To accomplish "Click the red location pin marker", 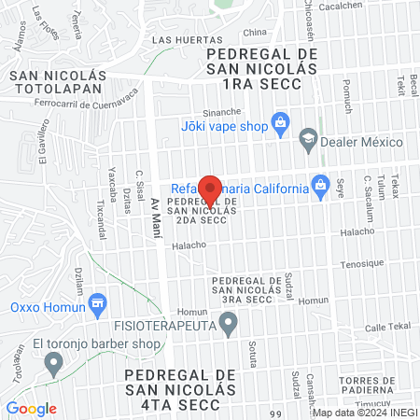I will coord(212,189).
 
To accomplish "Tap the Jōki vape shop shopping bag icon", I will coord(278,121).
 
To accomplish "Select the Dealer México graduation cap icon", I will coord(307,142).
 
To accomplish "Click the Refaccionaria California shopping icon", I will coord(321,185).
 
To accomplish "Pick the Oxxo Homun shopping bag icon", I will coord(99,304).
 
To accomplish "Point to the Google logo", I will coord(31,409).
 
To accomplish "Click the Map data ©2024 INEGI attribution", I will coord(363,413).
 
